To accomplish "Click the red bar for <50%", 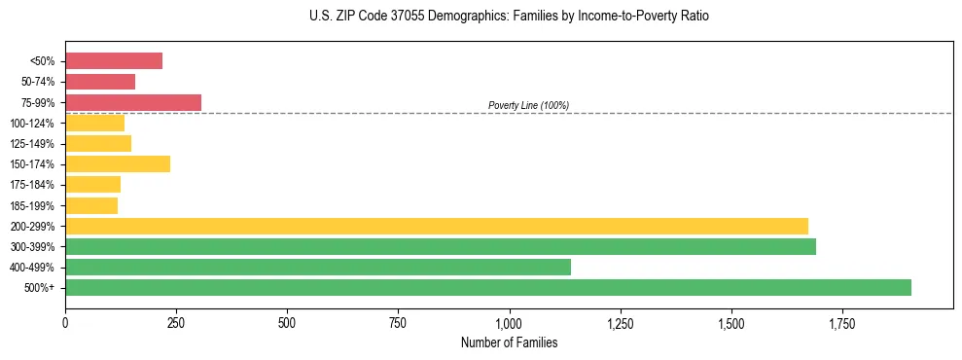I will pyautogui.click(x=114, y=61).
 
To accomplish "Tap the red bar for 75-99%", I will pyautogui.click(x=133, y=102).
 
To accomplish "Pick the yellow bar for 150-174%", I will pyautogui.click(x=118, y=164).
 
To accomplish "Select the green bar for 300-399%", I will pyautogui.click(x=441, y=247).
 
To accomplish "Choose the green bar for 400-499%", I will pyautogui.click(x=318, y=268).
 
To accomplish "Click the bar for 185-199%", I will pyautogui.click(x=91, y=205).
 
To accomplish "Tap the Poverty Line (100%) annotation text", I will pyautogui.click(x=528, y=105).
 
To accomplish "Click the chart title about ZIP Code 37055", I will pyautogui.click(x=510, y=17).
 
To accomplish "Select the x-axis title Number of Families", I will pyautogui.click(x=509, y=342).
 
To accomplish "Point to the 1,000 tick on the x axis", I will pyautogui.click(x=509, y=323).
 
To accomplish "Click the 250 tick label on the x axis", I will pyautogui.click(x=176, y=323).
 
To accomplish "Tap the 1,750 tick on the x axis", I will pyautogui.click(x=841, y=323).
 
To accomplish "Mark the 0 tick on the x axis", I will pyautogui.click(x=65, y=323).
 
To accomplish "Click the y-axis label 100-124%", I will pyautogui.click(x=33, y=124).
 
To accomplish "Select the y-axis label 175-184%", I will pyautogui.click(x=33, y=185).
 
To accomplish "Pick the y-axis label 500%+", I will pyautogui.click(x=40, y=288).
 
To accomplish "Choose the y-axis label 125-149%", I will pyautogui.click(x=33, y=144).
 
